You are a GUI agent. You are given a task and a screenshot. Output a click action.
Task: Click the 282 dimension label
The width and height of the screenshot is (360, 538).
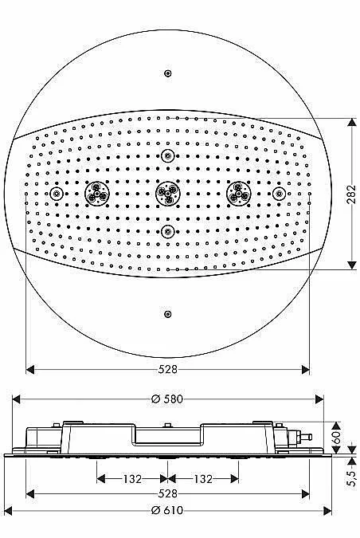(x=351, y=194)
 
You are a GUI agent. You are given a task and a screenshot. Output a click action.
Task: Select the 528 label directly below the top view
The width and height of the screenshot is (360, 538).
(x=168, y=369)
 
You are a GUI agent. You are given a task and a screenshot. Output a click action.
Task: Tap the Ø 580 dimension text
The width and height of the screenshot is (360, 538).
(x=167, y=399)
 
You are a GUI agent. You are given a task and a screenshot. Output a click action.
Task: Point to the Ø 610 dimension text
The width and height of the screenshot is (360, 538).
(x=167, y=511)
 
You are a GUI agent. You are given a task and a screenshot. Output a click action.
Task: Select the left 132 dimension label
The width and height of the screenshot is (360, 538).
(x=132, y=478)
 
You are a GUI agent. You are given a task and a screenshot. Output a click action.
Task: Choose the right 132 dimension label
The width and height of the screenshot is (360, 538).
(x=203, y=478)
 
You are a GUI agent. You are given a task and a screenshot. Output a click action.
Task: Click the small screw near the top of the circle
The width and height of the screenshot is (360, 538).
(x=168, y=73)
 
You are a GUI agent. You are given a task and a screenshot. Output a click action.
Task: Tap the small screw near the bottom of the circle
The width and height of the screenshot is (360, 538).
(x=168, y=314)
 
